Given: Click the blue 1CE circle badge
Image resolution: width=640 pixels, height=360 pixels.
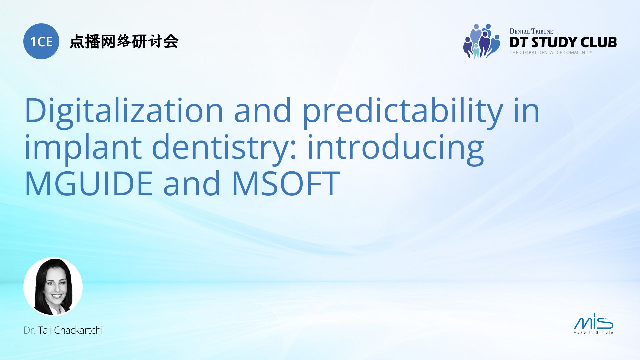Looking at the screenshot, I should point(41,41).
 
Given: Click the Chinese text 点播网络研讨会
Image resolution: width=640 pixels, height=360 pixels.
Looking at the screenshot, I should point(124,42).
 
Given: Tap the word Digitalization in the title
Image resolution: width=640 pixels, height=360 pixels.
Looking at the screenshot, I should point(124,111).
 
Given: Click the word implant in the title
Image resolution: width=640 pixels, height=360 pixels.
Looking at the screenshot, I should point(83,147).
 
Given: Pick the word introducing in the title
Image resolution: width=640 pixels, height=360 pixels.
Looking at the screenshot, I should point(395,147).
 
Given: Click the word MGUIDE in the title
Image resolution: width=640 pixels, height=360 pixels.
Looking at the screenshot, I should point(89,183).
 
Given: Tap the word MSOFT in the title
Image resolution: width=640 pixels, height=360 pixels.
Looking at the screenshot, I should point(285,183).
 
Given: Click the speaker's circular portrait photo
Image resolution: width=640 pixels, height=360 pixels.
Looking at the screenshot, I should point(53,286).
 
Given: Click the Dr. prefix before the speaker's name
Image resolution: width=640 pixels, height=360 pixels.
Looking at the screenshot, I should point(29,330).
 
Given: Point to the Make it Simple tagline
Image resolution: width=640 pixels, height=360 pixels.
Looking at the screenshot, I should point(593,333).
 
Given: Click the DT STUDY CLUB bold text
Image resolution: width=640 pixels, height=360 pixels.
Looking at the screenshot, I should point(563,42).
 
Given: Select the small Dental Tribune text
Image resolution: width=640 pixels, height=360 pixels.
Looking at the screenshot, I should point(531,31).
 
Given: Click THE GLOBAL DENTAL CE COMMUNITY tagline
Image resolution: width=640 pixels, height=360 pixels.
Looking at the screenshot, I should point(551,53).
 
